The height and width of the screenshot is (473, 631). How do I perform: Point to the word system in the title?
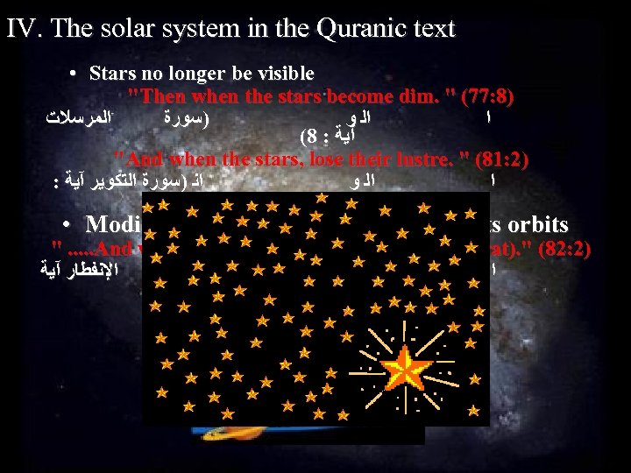pyautogui.click(x=211, y=29)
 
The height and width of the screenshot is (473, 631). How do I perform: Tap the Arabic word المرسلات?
pyautogui.click(x=85, y=115)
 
